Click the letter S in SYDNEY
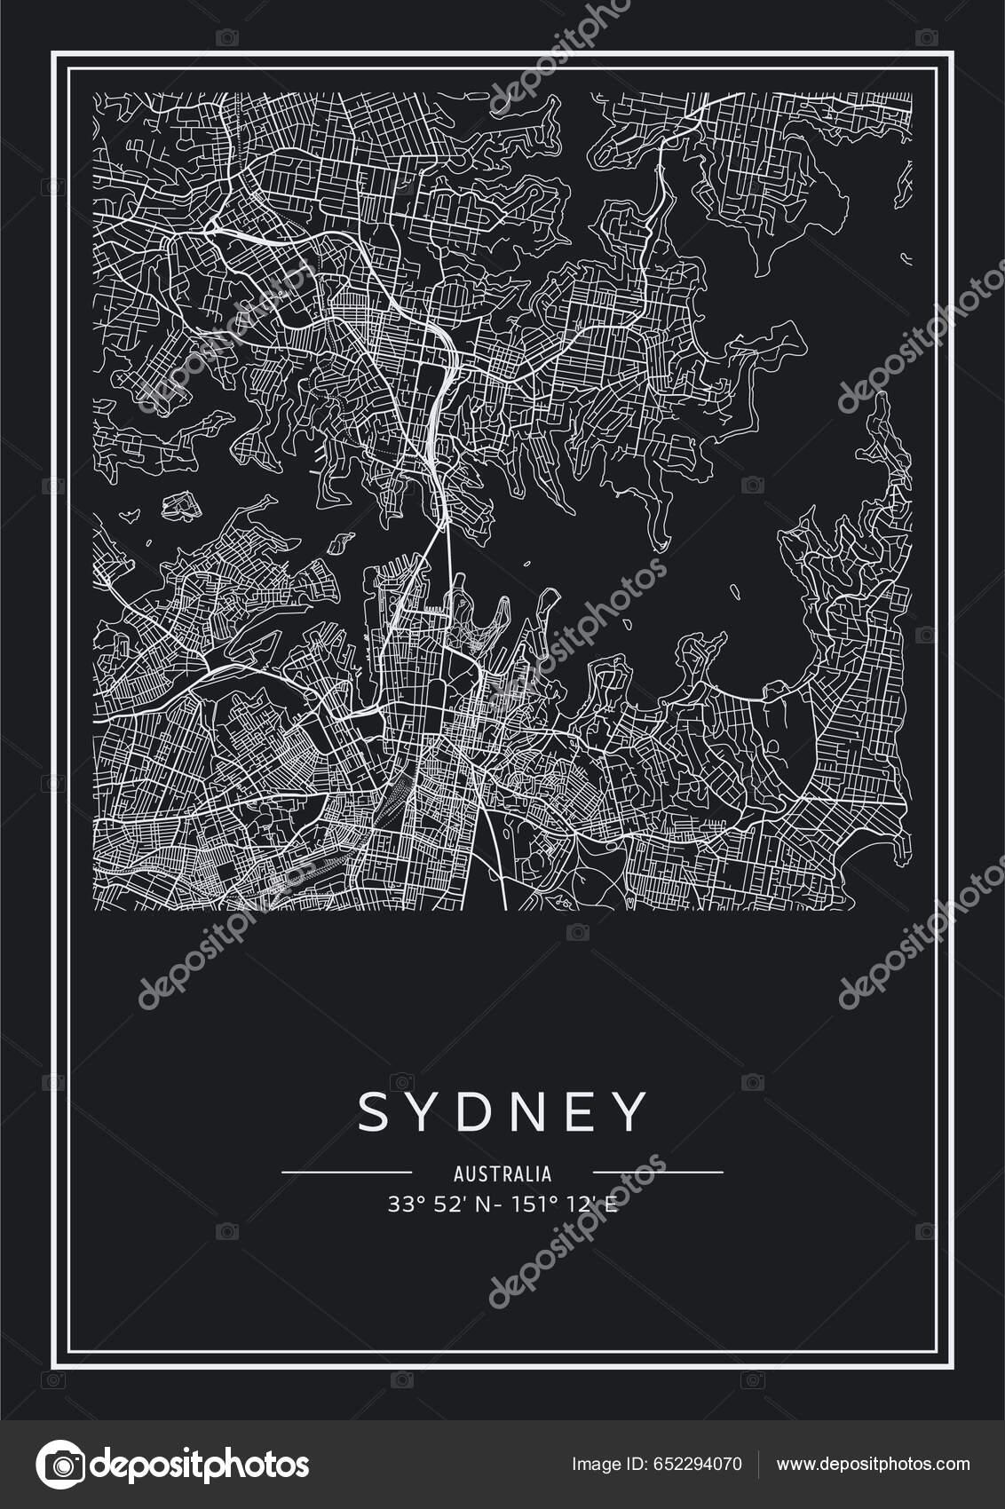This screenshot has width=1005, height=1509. pyautogui.click(x=373, y=1111)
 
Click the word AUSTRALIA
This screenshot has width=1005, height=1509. pyautogui.click(x=502, y=1174)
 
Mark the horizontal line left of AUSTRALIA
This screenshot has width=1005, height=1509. pyautogui.click(x=346, y=1172)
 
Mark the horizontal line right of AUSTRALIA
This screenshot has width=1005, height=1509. pyautogui.click(x=658, y=1172)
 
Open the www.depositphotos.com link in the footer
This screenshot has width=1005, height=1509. pyautogui.click(x=874, y=1465)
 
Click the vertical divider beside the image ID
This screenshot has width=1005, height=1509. pyautogui.click(x=757, y=1464)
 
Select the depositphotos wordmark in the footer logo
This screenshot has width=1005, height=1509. pyautogui.click(x=200, y=1465)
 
